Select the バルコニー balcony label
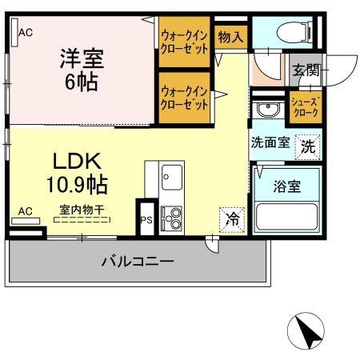pyautogui.click(x=138, y=262)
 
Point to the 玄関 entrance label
pyautogui.click(x=305, y=70)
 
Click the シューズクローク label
pyautogui.click(x=305, y=107)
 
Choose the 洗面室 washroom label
pyautogui.click(x=269, y=145)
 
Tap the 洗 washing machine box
pyautogui.click(x=308, y=146)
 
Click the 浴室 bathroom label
pyautogui.click(x=287, y=186)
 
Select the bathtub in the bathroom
pyautogui.click(x=286, y=217)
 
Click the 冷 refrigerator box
pyautogui.click(x=231, y=218)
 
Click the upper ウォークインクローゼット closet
pyautogui.click(x=185, y=41)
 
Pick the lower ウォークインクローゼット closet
pyautogui.click(x=185, y=98)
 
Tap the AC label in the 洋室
pyautogui.click(x=25, y=33)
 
